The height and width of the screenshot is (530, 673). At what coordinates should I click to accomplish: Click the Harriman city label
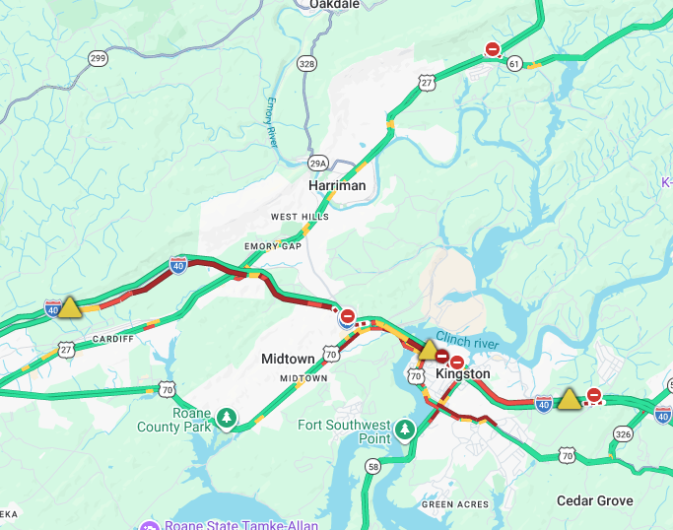tap(336, 185)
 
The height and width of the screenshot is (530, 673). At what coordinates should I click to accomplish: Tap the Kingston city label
tap(462, 374)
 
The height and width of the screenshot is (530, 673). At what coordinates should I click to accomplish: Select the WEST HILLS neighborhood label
tap(300, 216)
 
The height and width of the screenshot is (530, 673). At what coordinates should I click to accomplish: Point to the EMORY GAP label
tap(272, 245)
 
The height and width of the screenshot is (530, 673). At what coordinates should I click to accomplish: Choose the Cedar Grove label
tap(594, 500)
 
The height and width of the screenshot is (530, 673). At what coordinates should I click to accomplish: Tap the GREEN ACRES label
tap(455, 504)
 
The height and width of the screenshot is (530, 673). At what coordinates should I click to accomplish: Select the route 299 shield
tap(98, 59)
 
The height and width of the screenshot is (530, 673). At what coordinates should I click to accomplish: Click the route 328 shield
tap(307, 63)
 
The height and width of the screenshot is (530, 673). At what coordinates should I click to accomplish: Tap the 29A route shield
tap(317, 163)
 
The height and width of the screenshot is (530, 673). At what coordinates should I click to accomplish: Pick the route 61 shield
tap(514, 63)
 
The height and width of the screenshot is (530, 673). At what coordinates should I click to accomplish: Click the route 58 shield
tap(372, 466)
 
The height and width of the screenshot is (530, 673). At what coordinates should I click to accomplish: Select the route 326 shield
tap(623, 433)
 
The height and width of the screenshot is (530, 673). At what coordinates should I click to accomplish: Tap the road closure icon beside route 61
tap(492, 49)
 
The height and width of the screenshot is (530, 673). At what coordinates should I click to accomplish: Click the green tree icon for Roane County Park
tap(228, 419)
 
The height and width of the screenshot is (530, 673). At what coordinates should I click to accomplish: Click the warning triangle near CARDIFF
tap(70, 308)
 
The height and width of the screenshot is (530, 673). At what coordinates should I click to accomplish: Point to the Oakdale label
tap(334, 5)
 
